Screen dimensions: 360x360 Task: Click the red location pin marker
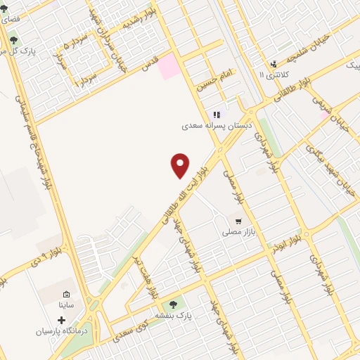click(x=181, y=166)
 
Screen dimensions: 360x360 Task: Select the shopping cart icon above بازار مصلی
click(x=239, y=220)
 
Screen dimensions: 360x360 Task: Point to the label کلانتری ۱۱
click(x=272, y=74)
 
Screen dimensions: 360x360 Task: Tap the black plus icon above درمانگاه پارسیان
click(x=61, y=320)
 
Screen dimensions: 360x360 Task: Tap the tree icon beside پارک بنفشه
click(x=173, y=304)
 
